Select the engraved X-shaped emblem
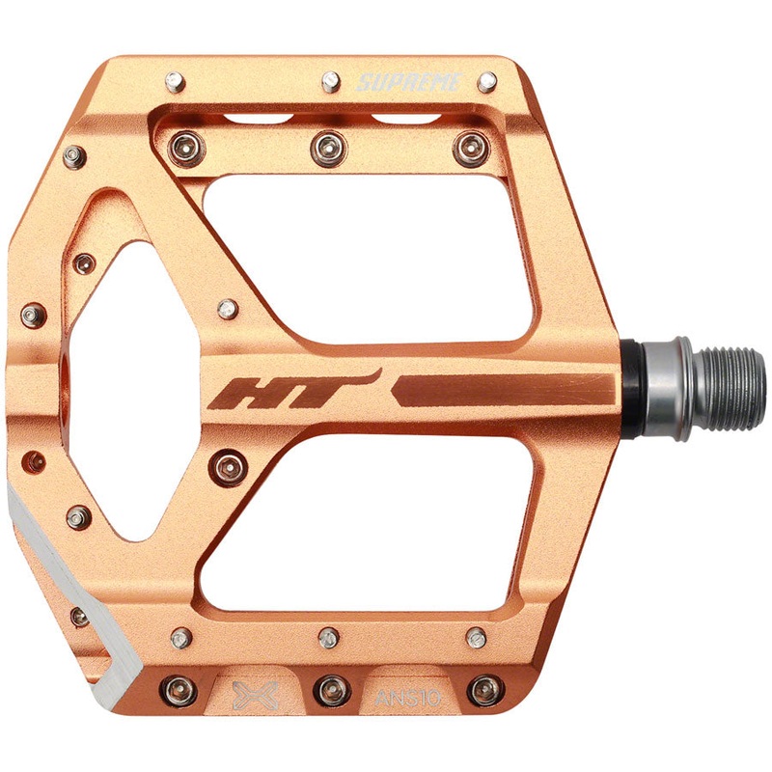point(257,693)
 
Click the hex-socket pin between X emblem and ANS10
point(332,689)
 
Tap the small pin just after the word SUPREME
point(487,81)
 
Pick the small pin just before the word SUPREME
point(330,79)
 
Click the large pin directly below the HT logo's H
point(231,467)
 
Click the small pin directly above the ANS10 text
point(476,638)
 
